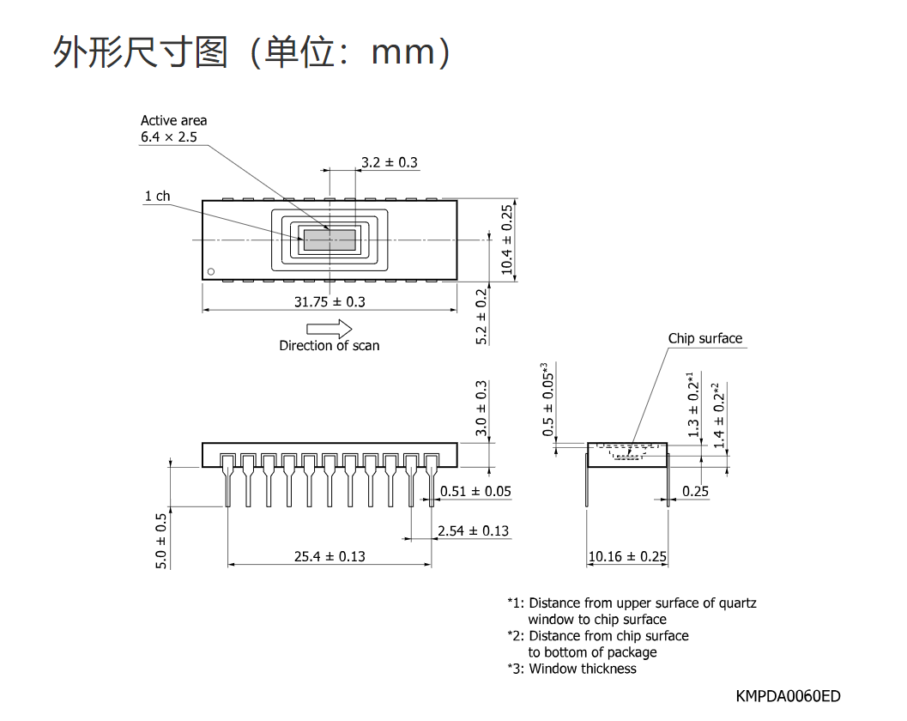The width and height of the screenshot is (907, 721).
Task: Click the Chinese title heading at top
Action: point(251,52)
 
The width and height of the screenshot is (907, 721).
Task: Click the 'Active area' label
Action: point(173,120)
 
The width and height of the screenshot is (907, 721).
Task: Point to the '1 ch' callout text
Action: point(157,197)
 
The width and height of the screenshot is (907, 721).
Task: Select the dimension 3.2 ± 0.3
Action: point(390,162)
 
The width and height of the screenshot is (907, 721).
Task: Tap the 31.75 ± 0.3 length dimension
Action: point(330,301)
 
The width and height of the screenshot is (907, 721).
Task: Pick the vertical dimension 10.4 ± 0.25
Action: point(507,239)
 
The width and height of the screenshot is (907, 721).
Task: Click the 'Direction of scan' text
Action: point(330,345)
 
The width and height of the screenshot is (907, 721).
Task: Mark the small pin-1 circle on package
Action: point(211,271)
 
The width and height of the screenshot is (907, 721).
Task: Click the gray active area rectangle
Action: point(330,239)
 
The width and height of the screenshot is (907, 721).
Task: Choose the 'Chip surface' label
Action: point(705,338)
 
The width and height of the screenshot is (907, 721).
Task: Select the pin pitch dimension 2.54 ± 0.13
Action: point(473,530)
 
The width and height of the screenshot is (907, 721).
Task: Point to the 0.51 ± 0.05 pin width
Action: point(475,491)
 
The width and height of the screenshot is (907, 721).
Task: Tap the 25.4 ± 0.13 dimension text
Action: point(330,556)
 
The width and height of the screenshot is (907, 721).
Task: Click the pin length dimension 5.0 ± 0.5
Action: point(160,541)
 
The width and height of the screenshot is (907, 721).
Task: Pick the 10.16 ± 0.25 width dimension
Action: point(627,556)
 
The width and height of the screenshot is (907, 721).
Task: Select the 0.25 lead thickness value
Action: point(695,491)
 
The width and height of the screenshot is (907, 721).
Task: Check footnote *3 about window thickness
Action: point(571,669)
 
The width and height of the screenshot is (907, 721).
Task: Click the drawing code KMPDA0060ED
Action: point(788,696)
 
